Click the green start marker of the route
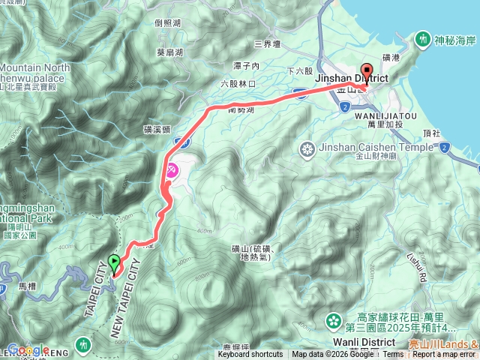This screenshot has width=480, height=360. (x=113, y=263)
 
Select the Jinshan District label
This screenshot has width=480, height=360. (x=352, y=78)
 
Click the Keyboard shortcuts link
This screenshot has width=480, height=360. (x=250, y=355)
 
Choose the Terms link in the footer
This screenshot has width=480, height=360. (x=392, y=355)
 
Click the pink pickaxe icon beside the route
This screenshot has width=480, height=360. (x=171, y=171)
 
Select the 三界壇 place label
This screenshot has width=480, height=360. (x=267, y=44)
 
